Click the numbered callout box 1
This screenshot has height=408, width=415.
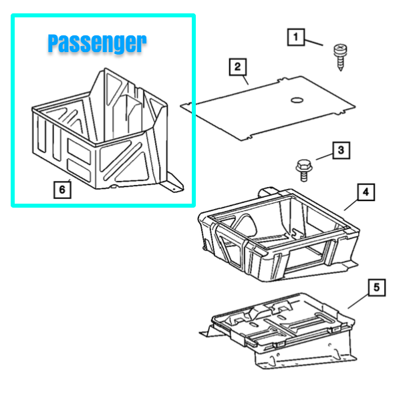[x=296, y=37]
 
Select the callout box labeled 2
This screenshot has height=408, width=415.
[x=238, y=67]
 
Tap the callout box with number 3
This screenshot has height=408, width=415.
[x=341, y=150]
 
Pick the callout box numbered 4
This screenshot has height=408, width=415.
[x=366, y=192]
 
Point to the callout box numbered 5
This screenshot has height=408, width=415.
[x=377, y=287]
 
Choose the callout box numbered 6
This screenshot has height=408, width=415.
[x=62, y=190]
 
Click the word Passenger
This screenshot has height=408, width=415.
[x=97, y=43]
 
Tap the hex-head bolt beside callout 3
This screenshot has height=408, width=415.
[x=304, y=170]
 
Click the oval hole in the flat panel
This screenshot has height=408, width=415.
[x=297, y=100]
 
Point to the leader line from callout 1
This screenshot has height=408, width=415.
[x=314, y=43]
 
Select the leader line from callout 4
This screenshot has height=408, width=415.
[x=351, y=205]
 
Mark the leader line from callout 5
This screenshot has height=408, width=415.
[x=358, y=302]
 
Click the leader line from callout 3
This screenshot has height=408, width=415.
[x=324, y=157]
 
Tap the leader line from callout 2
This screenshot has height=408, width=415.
[x=245, y=80]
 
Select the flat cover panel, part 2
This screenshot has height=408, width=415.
[x=267, y=108]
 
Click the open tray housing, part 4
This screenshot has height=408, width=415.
[x=279, y=235]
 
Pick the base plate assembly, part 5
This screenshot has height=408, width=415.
[x=278, y=331]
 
